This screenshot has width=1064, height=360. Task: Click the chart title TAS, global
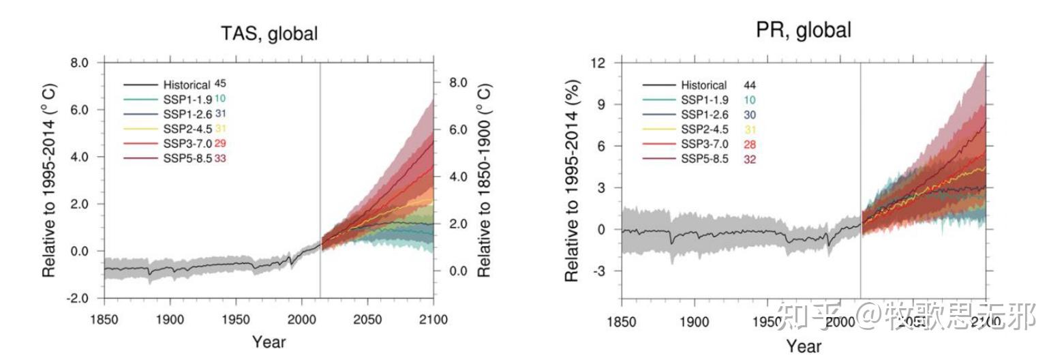pos(269,33)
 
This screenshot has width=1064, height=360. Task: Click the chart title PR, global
pos(803,30)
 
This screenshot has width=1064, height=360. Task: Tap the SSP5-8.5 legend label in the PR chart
pos(705,160)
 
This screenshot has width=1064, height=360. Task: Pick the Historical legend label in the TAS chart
pos(187,85)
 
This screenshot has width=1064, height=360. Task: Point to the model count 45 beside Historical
pos(220,84)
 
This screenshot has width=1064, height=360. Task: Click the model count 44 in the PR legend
pos(750,85)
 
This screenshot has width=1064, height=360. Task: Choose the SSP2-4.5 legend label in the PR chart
pos(705,130)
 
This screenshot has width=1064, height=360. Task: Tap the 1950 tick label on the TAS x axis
pos(236,319)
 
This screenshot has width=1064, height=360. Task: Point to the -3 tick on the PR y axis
pos(602,271)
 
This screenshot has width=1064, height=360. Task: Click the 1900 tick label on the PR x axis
pos(694,321)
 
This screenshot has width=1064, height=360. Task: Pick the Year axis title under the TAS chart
pos(269,342)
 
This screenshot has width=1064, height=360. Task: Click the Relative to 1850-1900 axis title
pos(484,181)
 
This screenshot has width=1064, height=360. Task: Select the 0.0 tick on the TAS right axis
pos(458,271)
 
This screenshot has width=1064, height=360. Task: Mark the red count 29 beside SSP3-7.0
pos(220,144)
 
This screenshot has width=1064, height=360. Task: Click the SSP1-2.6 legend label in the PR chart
pos(705,115)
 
